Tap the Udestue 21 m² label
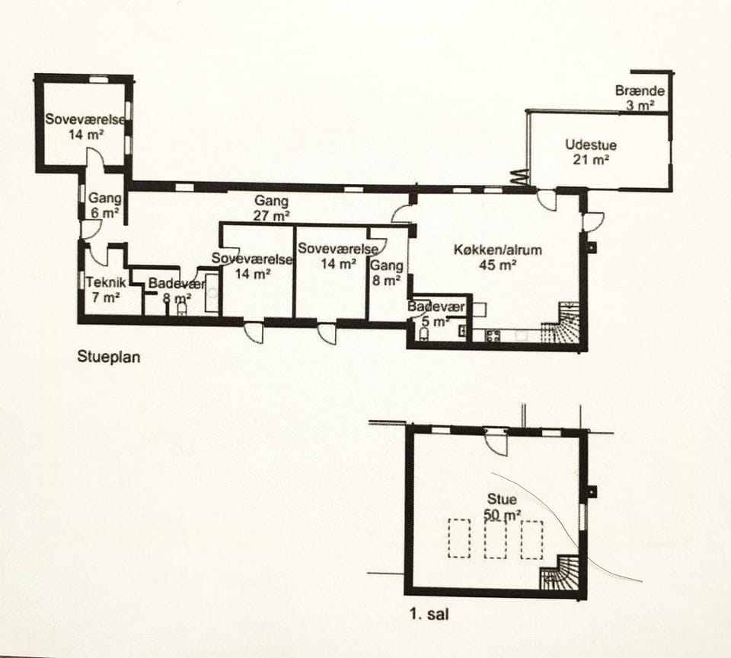point(591,152)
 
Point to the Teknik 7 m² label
point(105,289)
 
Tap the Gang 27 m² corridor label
point(272,208)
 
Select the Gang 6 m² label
point(104,205)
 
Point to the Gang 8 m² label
point(386,273)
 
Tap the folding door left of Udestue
point(519,176)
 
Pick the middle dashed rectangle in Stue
point(496,539)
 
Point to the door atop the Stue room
point(496,440)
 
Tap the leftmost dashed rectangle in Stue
point(458,539)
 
